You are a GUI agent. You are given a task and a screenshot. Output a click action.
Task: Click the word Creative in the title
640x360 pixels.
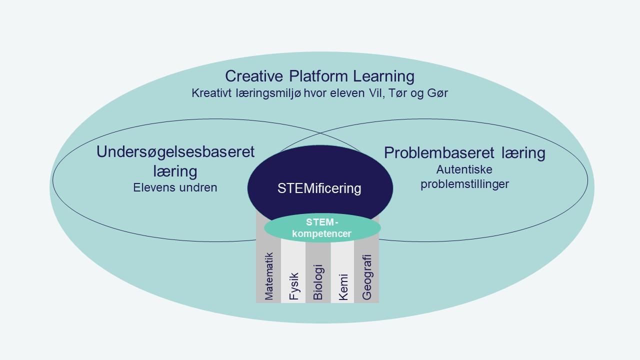coord(254,76)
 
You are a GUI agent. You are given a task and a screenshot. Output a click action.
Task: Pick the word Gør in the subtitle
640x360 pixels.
coord(436,93)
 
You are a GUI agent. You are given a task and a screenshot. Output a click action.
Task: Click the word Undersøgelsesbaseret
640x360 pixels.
coord(175,152)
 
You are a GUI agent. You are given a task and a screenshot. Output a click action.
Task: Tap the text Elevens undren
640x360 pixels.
coord(175,187)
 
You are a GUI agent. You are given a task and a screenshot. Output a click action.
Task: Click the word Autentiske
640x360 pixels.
coord(464,169)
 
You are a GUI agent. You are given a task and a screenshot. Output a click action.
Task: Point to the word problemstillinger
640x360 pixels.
coord(464,184)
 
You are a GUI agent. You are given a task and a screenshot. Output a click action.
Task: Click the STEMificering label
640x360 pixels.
coord(319,188)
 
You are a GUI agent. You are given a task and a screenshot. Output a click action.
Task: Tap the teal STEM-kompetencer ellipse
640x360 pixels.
coord(322,228)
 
